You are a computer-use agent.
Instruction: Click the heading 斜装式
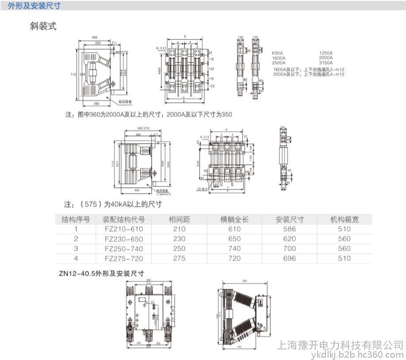(43, 26)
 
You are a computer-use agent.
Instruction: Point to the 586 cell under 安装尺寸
(290, 229)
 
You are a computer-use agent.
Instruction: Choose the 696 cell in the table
(290, 258)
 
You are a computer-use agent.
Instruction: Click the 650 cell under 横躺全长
(234, 239)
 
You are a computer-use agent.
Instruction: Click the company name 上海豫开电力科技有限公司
(340, 345)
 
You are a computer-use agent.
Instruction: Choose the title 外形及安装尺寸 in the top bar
(34, 6)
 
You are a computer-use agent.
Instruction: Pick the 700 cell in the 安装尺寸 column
(290, 248)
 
